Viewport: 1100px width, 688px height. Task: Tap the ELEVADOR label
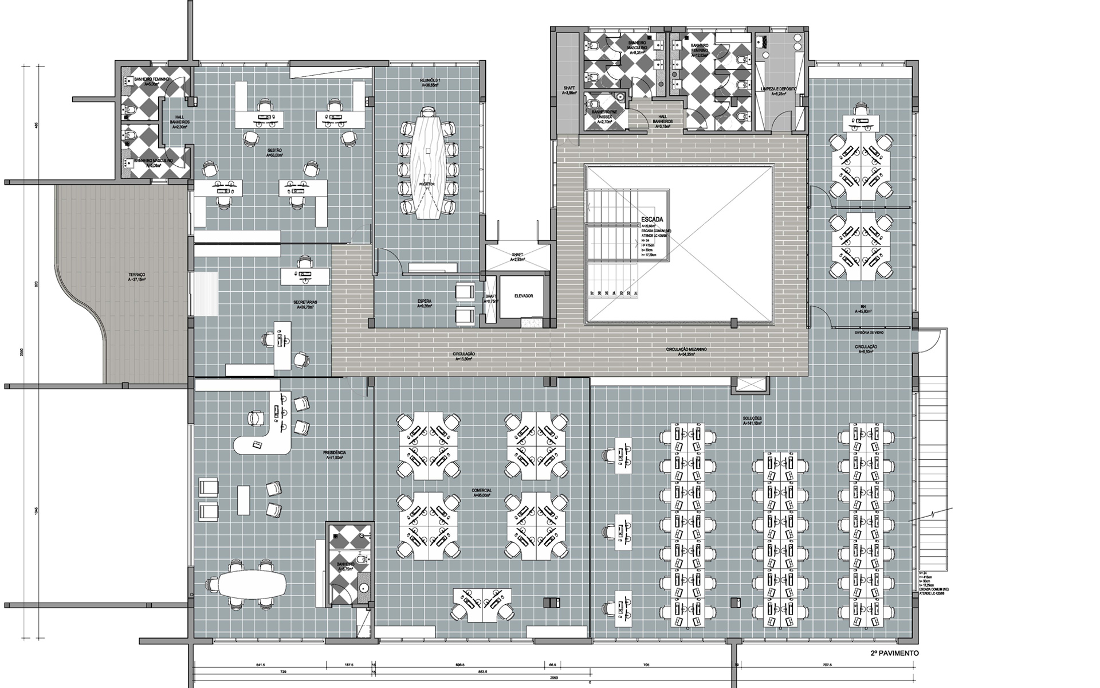click(x=523, y=296)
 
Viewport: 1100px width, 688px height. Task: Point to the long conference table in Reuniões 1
click(x=428, y=166)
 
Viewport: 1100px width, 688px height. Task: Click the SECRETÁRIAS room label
click(x=305, y=302)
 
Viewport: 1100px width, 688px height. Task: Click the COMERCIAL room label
click(x=482, y=491)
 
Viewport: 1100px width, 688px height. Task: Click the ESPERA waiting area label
click(x=425, y=302)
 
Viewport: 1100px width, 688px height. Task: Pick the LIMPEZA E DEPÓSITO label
click(x=778, y=90)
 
